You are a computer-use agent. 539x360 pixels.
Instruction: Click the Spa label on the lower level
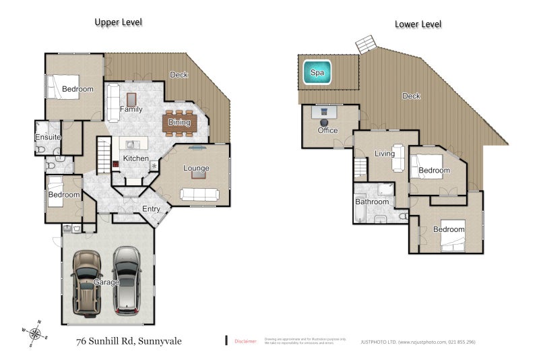(317, 72)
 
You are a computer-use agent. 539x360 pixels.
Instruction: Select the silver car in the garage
(126, 280)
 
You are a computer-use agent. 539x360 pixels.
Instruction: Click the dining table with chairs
(180, 122)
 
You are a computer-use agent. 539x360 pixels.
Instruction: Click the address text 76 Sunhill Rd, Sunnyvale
(129, 341)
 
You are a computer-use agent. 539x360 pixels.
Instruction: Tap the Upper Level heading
(118, 22)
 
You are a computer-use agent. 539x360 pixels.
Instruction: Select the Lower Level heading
(418, 24)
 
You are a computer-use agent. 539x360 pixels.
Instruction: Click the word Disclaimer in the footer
(245, 342)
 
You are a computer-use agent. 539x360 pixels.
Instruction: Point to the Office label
(327, 130)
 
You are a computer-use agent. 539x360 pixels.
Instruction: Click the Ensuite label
(48, 138)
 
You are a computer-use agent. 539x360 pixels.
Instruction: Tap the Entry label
(151, 209)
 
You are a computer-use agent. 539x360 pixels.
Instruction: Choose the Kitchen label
(135, 158)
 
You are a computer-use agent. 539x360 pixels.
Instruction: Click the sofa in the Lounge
(199, 195)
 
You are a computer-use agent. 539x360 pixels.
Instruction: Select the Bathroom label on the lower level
(372, 202)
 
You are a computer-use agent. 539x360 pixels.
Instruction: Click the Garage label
(106, 282)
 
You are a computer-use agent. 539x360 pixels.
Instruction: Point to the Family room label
(131, 109)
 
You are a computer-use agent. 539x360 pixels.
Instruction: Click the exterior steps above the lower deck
(366, 44)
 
